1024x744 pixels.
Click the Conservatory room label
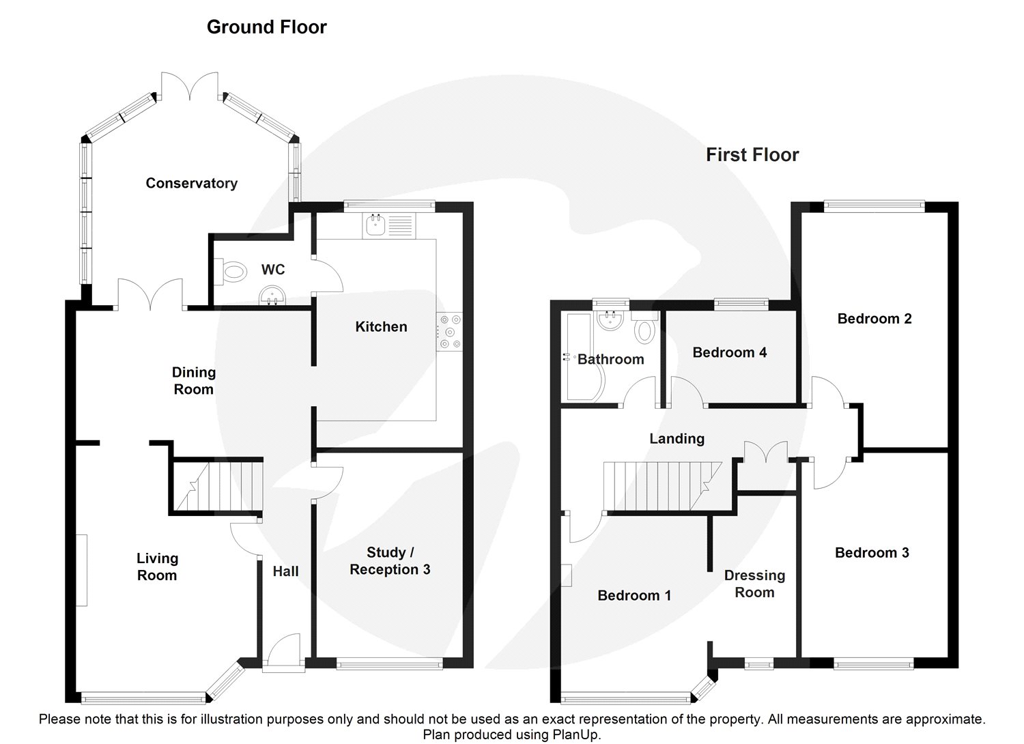[x=192, y=183]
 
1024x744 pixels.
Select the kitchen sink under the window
[x=390, y=226]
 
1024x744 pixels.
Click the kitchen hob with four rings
[x=449, y=331]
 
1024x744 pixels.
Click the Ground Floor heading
[x=267, y=27]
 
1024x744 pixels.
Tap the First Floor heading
[x=752, y=155]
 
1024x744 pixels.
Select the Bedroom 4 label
[x=730, y=352]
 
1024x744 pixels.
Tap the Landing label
[x=677, y=439]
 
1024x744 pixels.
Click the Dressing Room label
[x=755, y=584]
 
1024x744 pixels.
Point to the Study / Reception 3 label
[x=390, y=561]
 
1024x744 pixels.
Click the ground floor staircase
[x=218, y=486]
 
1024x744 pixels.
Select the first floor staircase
[x=663, y=486]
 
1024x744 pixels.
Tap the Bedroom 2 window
[x=874, y=207]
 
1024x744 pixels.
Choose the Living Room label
[x=157, y=567]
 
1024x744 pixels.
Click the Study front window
[x=390, y=663]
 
